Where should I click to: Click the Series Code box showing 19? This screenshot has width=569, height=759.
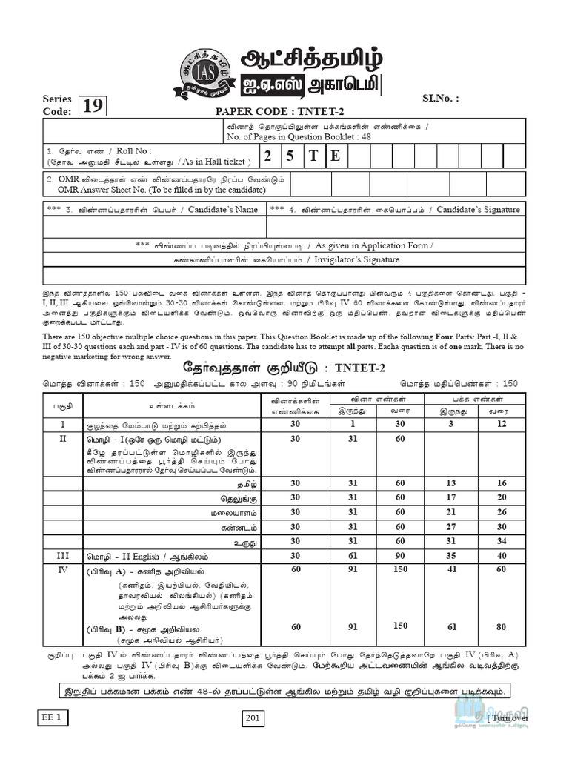(x=93, y=107)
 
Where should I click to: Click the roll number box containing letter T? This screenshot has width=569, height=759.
(x=313, y=156)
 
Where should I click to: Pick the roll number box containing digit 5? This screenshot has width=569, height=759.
(x=290, y=156)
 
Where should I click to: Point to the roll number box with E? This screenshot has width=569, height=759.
(x=336, y=156)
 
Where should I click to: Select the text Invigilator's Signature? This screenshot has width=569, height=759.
(x=357, y=259)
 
